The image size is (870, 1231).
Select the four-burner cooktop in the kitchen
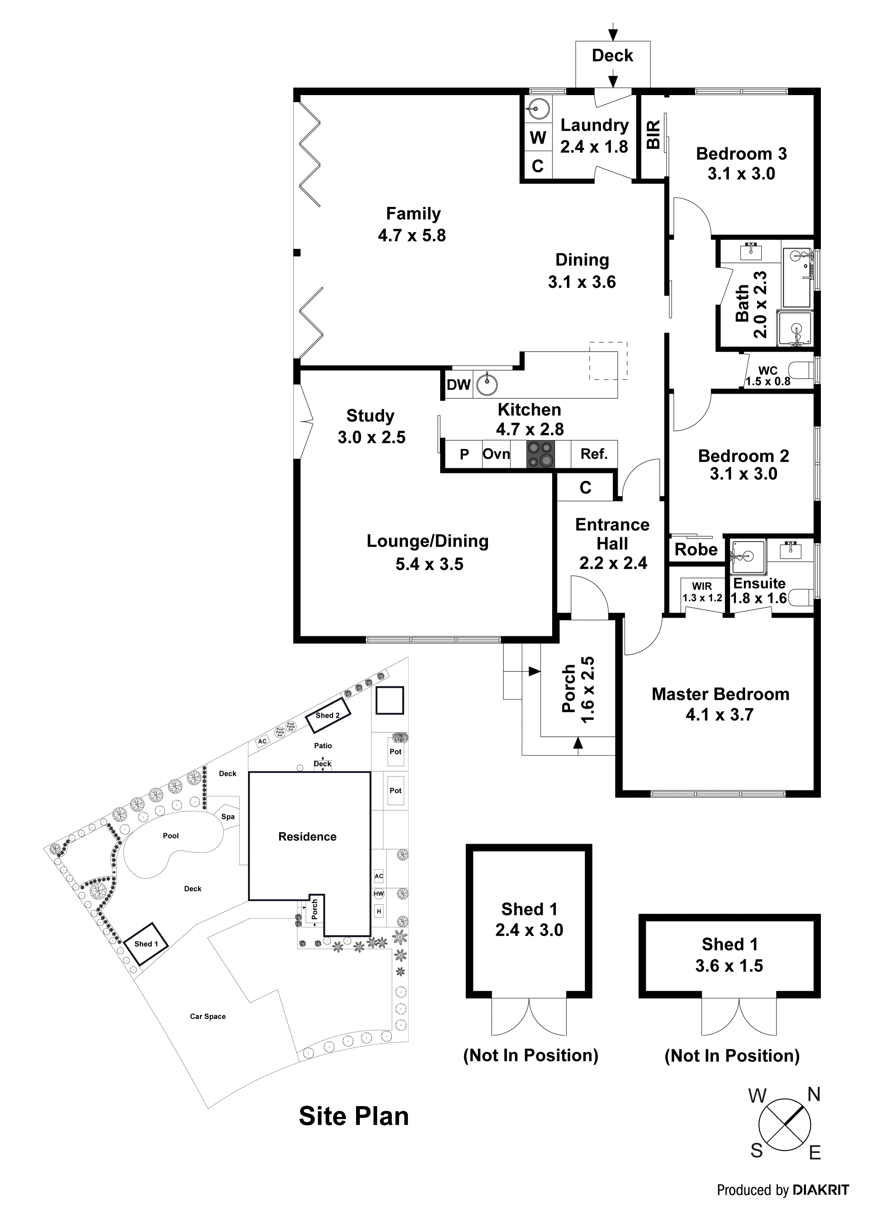coord(540,454)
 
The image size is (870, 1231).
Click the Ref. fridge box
coord(594,454)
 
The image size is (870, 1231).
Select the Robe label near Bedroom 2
coord(696,550)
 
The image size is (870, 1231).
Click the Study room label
coord(370,416)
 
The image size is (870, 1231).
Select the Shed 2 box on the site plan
coord(328,716)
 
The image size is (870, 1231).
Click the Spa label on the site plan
coord(228,817)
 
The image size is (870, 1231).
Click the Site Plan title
coord(354,1116)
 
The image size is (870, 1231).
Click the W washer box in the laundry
coord(538,138)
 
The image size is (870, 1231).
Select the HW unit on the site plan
coord(379,894)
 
